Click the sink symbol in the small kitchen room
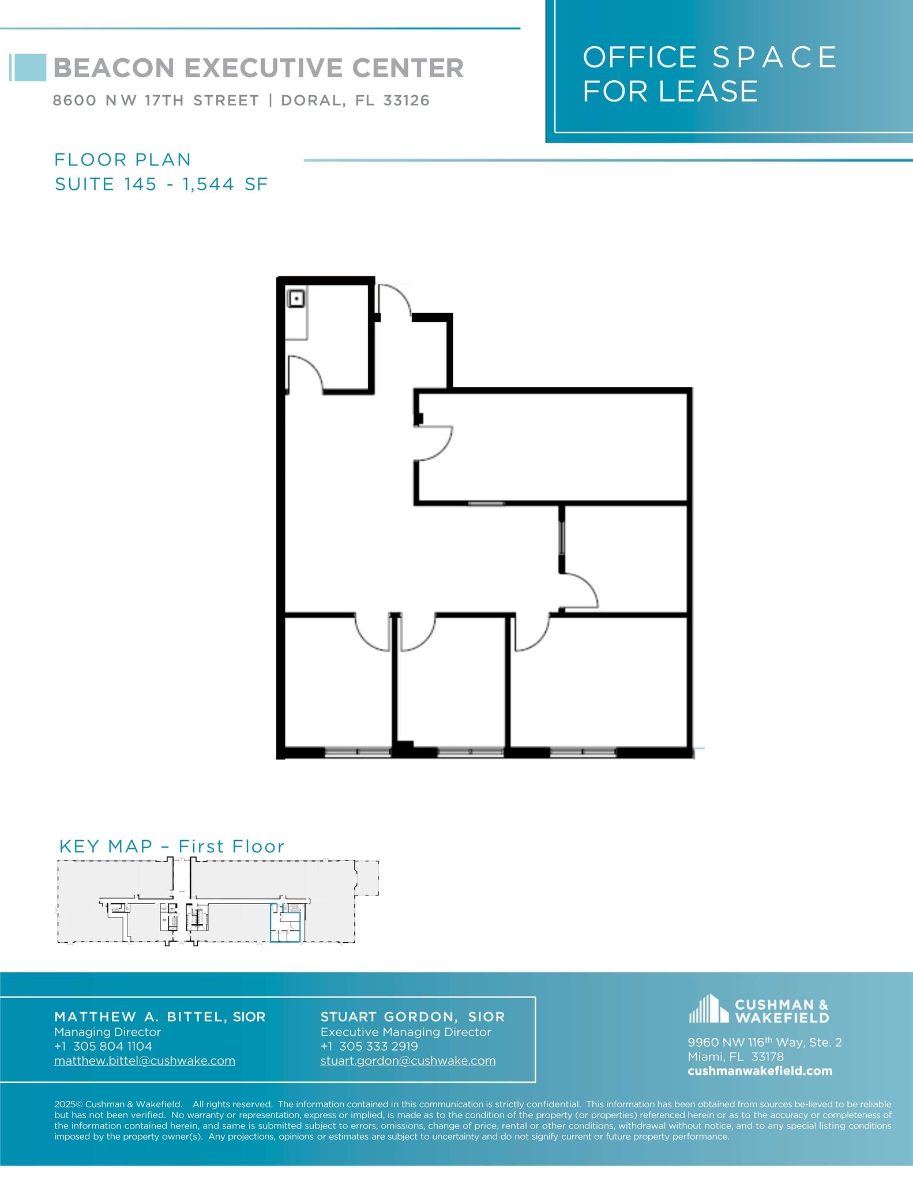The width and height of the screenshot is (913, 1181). pos(296,299)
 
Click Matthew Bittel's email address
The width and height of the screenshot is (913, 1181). pos(145,1060)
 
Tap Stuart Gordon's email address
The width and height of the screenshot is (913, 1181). pos(408,1060)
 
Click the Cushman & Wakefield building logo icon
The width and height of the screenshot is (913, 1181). pos(708,1009)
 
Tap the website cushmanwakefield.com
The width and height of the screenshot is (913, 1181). pos(760,1071)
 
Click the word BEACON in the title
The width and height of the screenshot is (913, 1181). pos(114,68)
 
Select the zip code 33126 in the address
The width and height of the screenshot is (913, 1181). pos(407,100)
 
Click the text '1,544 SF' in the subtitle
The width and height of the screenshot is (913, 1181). pos(225,184)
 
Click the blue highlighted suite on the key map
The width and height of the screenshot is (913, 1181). pos(285,923)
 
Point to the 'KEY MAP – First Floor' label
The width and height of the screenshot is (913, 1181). pos(172,846)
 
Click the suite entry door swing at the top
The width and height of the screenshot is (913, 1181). pos(393,300)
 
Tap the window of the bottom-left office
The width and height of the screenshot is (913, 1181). pos(358,752)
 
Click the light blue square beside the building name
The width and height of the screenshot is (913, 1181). pos(29,67)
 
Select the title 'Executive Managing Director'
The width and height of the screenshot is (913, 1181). pos(405,1032)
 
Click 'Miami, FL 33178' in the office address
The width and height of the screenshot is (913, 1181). pos(735,1056)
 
